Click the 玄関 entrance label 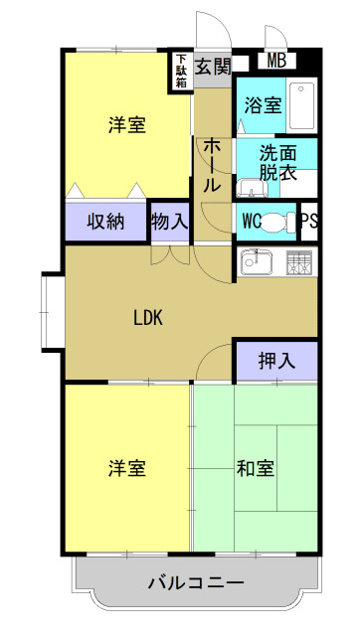[212, 67]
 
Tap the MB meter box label [276, 62]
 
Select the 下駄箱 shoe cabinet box [181, 72]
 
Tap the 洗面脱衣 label [277, 163]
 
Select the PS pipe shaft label [308, 221]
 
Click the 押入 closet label [276, 361]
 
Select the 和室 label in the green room [256, 467]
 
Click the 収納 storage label [104, 221]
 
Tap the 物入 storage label [169, 221]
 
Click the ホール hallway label [211, 165]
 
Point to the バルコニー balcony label [196, 582]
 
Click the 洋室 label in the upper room [127, 125]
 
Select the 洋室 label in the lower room [127, 467]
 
